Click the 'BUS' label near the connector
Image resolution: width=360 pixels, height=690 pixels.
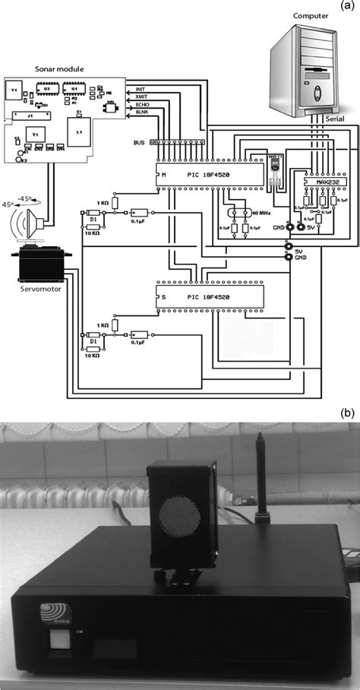tap(138, 141)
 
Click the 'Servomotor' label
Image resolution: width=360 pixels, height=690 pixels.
tap(41, 289)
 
